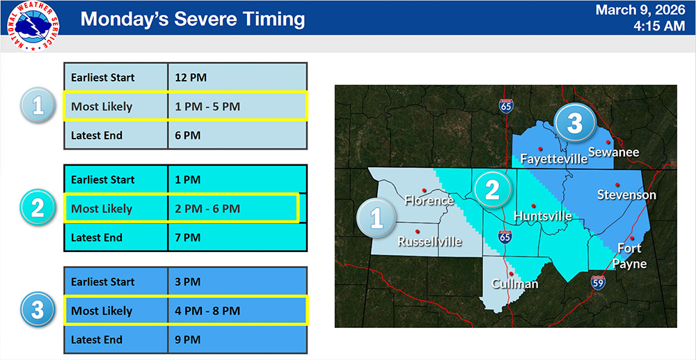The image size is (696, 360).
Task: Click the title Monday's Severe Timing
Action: click(x=193, y=19)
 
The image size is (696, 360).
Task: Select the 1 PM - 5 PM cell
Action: click(x=237, y=107)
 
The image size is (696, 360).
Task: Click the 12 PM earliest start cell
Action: click(x=237, y=77)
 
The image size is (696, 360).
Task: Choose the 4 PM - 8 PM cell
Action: click(x=237, y=311)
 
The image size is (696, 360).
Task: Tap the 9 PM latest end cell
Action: click(x=237, y=340)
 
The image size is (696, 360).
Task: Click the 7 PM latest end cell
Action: click(x=237, y=237)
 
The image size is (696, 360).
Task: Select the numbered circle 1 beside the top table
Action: click(x=38, y=106)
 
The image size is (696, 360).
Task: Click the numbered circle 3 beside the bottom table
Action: click(x=38, y=311)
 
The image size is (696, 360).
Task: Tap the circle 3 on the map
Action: click(x=574, y=123)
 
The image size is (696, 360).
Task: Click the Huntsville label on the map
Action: click(x=542, y=217)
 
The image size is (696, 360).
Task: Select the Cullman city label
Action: click(x=514, y=284)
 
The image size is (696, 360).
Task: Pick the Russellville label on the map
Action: click(x=429, y=242)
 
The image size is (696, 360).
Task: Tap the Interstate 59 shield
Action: click(x=597, y=282)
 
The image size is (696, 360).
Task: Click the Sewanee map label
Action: click(x=613, y=152)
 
